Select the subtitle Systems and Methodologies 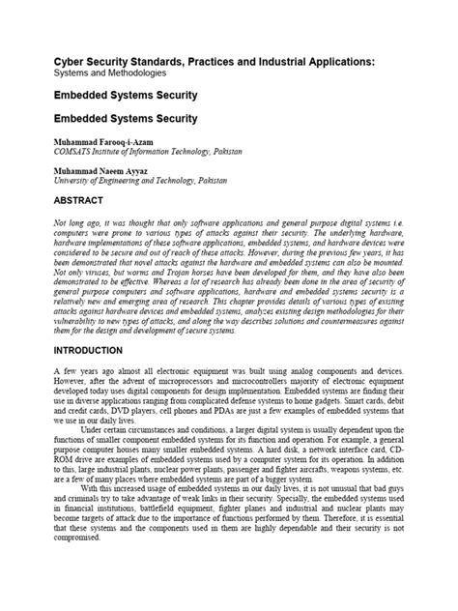tap(109, 73)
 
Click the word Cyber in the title tap(69, 61)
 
